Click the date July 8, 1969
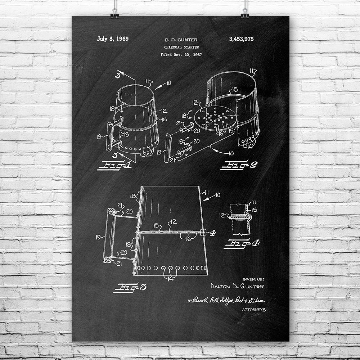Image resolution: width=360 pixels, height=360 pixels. pos(113,39)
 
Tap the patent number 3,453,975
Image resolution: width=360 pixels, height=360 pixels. pos(241,39)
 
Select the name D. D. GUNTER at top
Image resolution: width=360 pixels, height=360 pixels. pos(181,40)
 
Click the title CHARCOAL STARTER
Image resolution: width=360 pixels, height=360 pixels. pos(181,47)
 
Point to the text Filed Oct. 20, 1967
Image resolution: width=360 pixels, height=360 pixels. pos(181,55)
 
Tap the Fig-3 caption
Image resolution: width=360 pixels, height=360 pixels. pos(130,287)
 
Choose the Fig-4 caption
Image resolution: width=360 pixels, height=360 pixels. pos(241,243)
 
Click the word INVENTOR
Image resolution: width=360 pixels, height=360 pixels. pos(253,279)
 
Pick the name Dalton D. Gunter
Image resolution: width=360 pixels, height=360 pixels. pos(238,286)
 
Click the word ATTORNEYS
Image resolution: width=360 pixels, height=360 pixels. pos(254,309)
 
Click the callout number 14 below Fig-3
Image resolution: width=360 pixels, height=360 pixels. pos(170,278)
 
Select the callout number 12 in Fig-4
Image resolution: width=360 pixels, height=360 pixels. pos(222,216)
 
